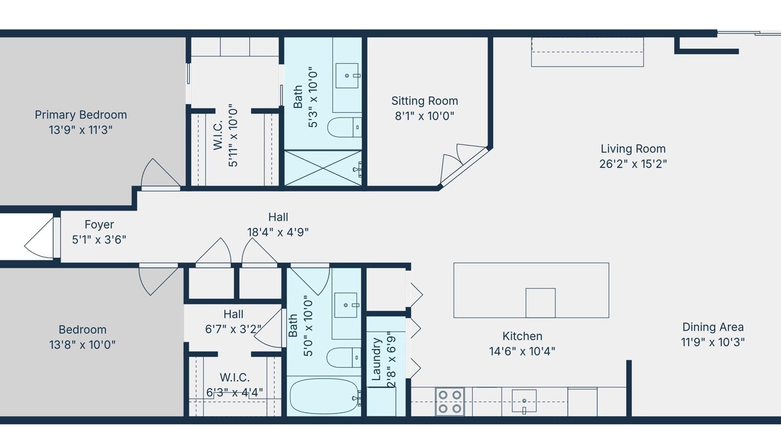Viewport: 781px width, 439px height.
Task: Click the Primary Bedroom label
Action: pos(81,115)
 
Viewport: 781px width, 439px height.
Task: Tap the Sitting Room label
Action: pos(424,101)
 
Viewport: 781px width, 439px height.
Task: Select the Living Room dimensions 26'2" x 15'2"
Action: pos(633,164)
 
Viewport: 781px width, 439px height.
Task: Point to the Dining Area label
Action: pos(713,327)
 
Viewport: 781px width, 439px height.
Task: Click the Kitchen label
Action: pos(522,336)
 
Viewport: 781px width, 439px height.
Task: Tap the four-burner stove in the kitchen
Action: pos(450,401)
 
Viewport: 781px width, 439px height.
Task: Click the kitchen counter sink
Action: pos(524,401)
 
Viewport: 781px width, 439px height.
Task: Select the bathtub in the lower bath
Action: pos(324,396)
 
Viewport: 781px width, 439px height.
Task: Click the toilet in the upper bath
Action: pos(344,127)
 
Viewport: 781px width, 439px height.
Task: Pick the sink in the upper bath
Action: pos(347,76)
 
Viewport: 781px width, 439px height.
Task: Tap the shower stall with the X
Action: pos(323,168)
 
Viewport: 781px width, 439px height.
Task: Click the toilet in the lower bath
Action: pos(344,357)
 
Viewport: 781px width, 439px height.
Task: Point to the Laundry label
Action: pos(376,359)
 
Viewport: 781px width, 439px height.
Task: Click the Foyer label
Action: pos(99,224)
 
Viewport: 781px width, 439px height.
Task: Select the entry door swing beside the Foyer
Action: pos(39,238)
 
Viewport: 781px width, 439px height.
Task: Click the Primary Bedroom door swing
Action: pos(160,174)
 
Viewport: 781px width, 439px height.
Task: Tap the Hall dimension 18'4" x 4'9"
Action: pos(278,232)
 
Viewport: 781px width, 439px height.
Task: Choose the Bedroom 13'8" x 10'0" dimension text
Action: pos(82,344)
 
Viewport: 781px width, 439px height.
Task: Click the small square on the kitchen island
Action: pos(541,303)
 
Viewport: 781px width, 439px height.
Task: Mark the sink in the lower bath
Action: pos(346,305)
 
